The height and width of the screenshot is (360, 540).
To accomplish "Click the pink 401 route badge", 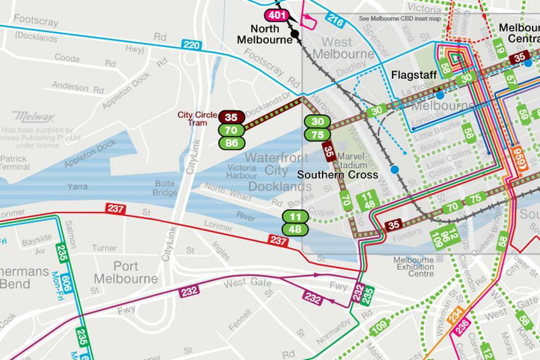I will tap(277, 15).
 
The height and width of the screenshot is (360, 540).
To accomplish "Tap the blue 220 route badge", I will tap(191, 45).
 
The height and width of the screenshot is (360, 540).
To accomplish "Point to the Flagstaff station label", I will tap(410, 75).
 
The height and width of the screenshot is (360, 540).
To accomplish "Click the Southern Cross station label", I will tap(337, 175).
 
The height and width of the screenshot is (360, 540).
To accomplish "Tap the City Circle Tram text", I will tap(197, 119).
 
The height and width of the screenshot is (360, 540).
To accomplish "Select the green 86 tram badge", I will tap(231, 142).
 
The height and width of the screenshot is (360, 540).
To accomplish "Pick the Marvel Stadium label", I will tap(352, 161).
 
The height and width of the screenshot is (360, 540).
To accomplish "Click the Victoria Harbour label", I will tap(242, 171).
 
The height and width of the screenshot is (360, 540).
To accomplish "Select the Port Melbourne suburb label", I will tap(126, 273).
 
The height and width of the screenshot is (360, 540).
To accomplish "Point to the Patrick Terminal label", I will tap(14, 163).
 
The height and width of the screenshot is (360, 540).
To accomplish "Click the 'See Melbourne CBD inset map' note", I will tap(400, 19).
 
